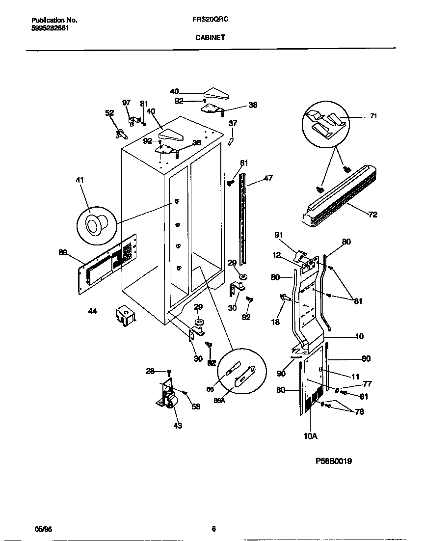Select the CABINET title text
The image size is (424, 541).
click(x=212, y=37)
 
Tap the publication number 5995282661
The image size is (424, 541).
click(x=50, y=28)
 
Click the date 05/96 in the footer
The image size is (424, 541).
click(x=43, y=529)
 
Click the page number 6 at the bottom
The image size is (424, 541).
click(x=213, y=529)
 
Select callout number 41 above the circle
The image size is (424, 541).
click(x=79, y=181)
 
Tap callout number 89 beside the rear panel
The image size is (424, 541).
click(x=63, y=252)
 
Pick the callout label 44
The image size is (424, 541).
click(x=92, y=311)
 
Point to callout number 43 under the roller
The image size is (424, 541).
click(x=178, y=426)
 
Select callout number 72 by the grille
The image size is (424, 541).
click(x=372, y=215)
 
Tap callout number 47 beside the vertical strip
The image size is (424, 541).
click(x=268, y=179)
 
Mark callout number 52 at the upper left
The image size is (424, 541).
click(x=109, y=113)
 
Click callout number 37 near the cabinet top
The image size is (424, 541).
click(x=233, y=123)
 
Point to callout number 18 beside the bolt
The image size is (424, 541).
click(x=276, y=322)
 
